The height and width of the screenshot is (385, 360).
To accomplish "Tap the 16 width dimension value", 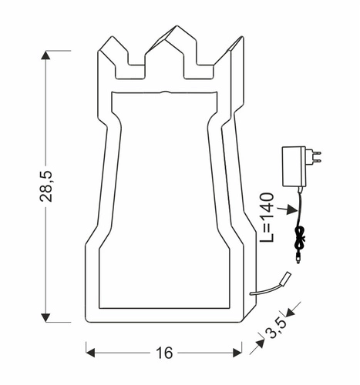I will (x=163, y=353).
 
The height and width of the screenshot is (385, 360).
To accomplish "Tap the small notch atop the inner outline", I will (x=164, y=91).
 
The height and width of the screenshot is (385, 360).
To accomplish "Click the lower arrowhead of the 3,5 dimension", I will (x=254, y=348).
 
